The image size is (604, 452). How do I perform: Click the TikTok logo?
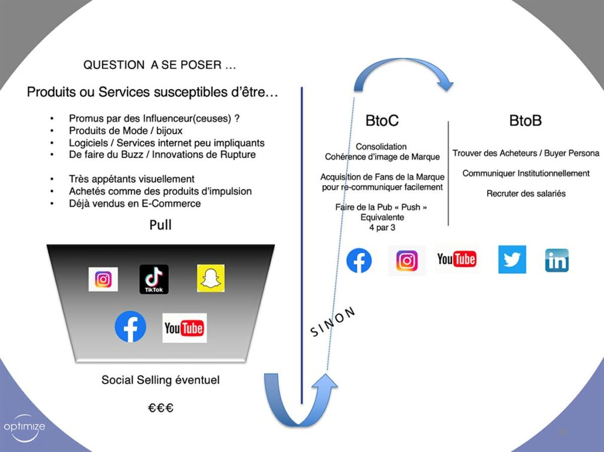coord(154,279)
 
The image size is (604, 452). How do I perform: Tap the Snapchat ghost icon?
coord(211,278)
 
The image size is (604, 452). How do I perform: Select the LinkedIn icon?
coord(556,260)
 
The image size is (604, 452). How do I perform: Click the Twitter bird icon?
coord(512,260)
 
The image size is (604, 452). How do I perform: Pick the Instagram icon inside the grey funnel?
coord(103,279)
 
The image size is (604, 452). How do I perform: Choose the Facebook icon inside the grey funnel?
coord(130,326)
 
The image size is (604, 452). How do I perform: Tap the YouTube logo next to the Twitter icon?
coord(457,259)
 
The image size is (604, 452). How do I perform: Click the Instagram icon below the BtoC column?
coord(407,260)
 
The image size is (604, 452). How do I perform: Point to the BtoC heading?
coord(382,121)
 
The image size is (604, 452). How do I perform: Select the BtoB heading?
coord(526,121)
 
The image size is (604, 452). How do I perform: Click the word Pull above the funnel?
coord(160,225)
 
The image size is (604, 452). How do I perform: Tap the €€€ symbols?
coord(160,407)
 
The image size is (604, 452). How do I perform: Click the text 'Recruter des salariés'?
coord(526,194)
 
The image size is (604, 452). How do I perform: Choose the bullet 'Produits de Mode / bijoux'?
coord(126,130)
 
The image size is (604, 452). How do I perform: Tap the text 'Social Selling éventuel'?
coord(160,380)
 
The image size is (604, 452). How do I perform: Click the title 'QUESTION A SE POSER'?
coord(160,65)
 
